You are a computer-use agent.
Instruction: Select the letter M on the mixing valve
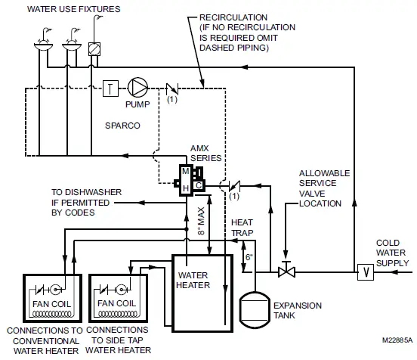tap(185, 172)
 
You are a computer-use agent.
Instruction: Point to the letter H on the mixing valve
tap(185, 186)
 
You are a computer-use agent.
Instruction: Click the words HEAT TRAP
tap(242, 229)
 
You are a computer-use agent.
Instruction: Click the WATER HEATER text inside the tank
tap(195, 280)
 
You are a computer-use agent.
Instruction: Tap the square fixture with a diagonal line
tap(94, 47)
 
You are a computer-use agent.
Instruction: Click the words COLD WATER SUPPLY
tap(391, 253)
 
